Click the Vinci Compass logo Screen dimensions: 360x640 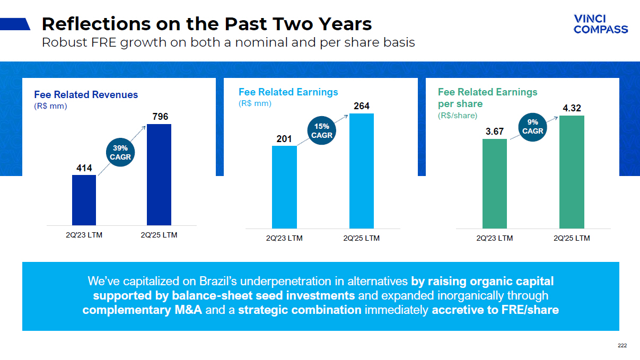[600, 24]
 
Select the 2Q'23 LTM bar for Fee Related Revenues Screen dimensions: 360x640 [84, 200]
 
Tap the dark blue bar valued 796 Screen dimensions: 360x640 [159, 174]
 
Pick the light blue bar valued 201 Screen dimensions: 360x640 [284, 187]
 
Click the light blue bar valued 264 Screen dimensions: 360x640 [362, 171]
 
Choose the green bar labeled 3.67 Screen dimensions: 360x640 [495, 183]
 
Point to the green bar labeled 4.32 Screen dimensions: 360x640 [572, 172]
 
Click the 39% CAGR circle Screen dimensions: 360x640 [120, 153]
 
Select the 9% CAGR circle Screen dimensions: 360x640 [532, 127]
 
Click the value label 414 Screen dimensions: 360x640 [84, 169]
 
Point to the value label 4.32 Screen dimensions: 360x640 [572, 108]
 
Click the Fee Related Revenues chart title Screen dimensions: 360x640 [86, 95]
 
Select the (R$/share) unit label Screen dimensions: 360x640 [458, 115]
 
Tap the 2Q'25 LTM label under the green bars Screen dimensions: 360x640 [572, 238]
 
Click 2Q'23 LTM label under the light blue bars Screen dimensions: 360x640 [284, 238]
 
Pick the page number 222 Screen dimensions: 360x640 [622, 346]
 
